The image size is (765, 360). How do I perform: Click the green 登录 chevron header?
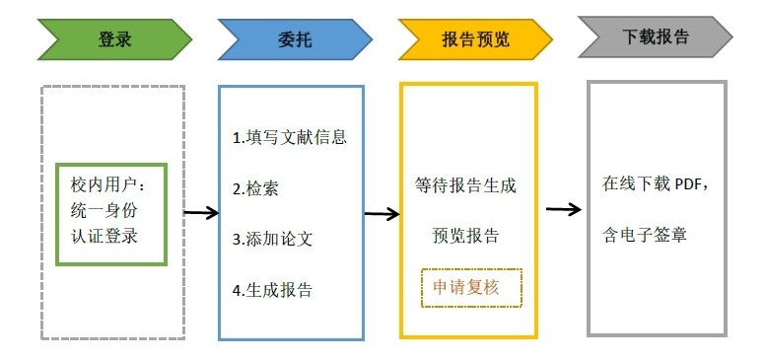tap(113, 40)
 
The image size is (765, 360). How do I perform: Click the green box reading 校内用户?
tap(111, 214)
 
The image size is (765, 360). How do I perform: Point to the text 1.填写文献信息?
tap(289, 137)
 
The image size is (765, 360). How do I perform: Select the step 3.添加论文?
tap(272, 239)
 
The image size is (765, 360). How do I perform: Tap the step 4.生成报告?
tap(272, 290)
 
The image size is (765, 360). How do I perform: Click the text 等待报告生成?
tap(466, 184)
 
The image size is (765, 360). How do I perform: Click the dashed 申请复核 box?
tap(471, 287)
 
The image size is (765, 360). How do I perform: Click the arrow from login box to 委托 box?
tap(201, 212)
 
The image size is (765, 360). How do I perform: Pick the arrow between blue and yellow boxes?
tap(382, 212)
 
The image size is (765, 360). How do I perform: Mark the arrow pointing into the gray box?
tap(563, 209)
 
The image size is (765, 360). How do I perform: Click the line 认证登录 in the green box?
tap(104, 237)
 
